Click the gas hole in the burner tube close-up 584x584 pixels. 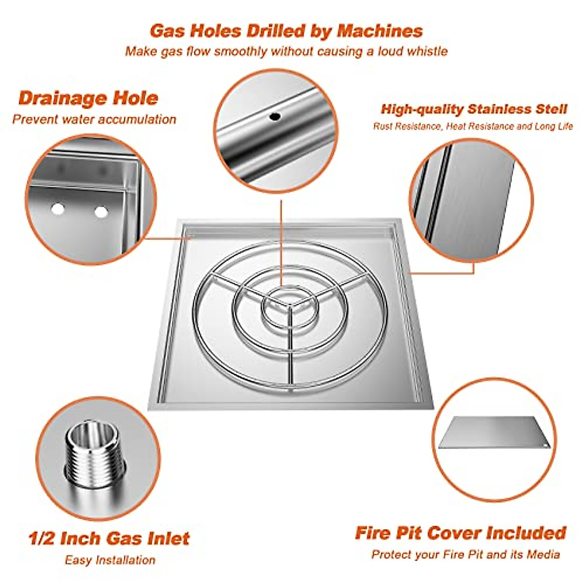click(x=275, y=117)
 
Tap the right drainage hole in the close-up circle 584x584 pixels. click(x=101, y=212)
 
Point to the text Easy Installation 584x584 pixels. click(x=110, y=560)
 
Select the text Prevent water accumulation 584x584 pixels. click(x=94, y=119)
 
